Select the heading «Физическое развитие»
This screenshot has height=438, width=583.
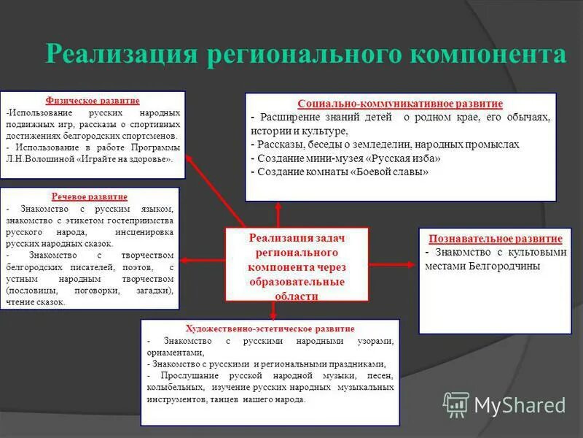(x=93, y=100)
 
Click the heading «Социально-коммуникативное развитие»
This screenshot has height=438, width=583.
(x=400, y=104)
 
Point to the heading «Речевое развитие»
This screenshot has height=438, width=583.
(x=90, y=196)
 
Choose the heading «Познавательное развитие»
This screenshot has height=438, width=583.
(x=495, y=239)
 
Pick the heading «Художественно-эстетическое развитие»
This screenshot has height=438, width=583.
(x=270, y=328)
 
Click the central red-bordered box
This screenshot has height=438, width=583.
(x=297, y=264)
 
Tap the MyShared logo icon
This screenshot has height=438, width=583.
(x=456, y=404)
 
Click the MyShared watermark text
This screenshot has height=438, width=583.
(x=520, y=405)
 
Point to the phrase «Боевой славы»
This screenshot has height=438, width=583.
(x=391, y=172)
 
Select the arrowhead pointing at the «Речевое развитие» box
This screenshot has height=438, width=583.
(x=185, y=260)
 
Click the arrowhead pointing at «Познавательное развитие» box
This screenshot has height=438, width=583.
(x=413, y=260)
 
